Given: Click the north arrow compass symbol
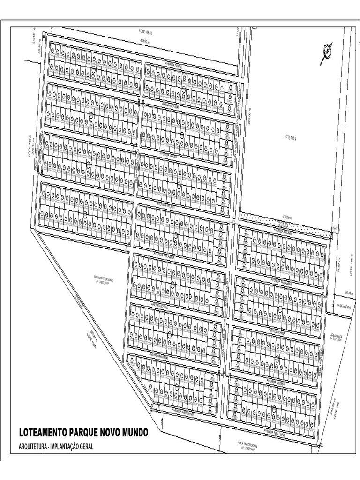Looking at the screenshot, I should [327, 52].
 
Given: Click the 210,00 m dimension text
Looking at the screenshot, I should [287, 217].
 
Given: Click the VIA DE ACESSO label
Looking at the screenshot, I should [343, 305].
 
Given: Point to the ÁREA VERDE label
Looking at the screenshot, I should [337, 337].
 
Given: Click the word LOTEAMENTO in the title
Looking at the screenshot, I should [43, 431].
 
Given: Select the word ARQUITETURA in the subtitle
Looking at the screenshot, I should [34, 447].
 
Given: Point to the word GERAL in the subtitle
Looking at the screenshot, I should [85, 447].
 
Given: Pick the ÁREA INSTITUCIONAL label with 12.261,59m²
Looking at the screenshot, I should [246, 445].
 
